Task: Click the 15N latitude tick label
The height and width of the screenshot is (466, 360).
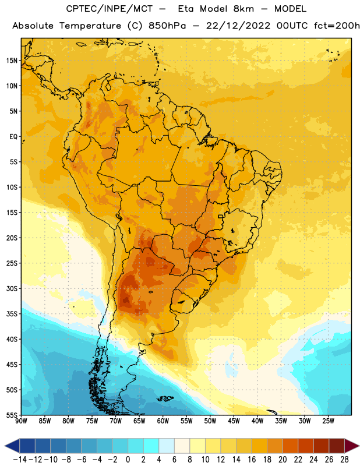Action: (12, 61)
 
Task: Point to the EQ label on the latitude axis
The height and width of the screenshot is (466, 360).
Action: (13, 137)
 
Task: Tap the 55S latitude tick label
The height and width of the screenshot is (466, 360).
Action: (12, 415)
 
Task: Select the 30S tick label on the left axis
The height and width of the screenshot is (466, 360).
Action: (12, 288)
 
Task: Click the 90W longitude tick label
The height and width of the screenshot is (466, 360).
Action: (21, 421)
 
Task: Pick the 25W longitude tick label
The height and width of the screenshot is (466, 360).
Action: (328, 421)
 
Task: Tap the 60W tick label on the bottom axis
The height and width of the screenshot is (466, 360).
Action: (163, 421)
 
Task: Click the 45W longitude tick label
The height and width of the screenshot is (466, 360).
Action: (234, 421)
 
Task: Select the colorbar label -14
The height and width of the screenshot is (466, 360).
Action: (20, 460)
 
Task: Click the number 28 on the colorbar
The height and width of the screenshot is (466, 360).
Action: (344, 460)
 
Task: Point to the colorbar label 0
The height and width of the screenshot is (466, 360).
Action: (128, 460)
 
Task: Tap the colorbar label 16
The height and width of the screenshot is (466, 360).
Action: (252, 460)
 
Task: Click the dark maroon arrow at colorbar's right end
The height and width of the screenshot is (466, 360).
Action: (351, 446)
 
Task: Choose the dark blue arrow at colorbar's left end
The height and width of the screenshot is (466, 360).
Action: (12, 446)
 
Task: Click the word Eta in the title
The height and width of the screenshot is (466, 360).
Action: (186, 9)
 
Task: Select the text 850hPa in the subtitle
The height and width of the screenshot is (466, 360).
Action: (167, 26)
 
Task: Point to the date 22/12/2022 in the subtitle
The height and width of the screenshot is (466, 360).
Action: (238, 26)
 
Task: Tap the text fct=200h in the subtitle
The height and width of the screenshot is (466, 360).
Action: (337, 26)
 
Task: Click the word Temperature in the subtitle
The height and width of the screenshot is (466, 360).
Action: (90, 26)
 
